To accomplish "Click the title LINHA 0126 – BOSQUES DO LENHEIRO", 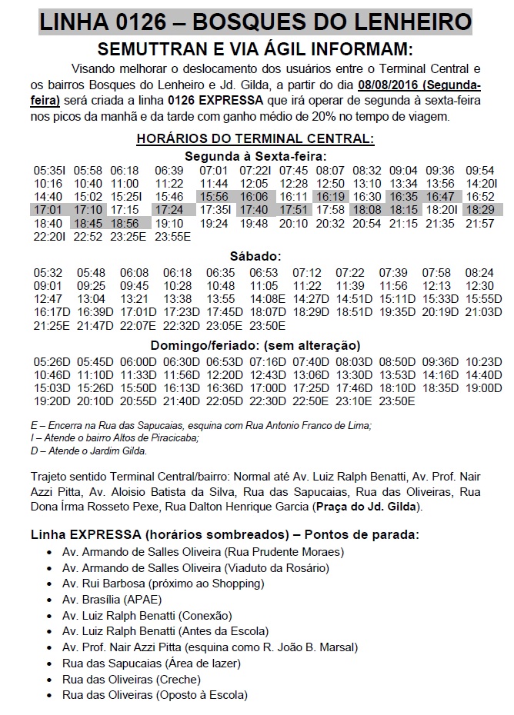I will tap(255, 18).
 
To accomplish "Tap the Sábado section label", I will tap(255, 256).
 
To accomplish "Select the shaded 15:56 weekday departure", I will tap(213, 196).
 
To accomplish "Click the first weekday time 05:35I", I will tap(49, 169).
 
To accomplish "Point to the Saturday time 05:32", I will tap(48, 272).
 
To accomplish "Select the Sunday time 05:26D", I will tap(51, 361).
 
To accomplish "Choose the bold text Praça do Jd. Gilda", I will tap(372, 507).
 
